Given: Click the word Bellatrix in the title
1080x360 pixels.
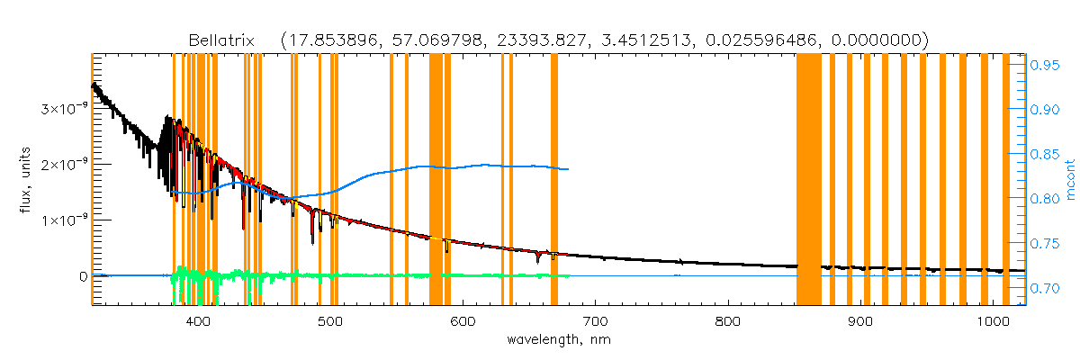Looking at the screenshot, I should coord(220,40).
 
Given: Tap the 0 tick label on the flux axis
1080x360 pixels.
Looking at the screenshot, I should coord(83,275).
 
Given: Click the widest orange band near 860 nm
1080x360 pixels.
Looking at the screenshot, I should coord(808,180).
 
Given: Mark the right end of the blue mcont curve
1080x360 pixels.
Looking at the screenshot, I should coord(568,169).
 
